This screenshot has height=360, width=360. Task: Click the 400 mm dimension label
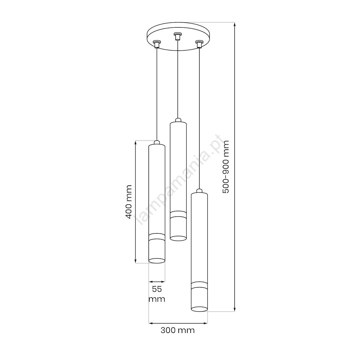click(x=129, y=202)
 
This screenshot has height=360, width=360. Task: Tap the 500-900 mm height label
click(x=226, y=167)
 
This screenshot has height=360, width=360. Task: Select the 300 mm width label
click(x=178, y=330)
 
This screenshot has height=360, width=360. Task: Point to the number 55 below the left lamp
click(x=157, y=289)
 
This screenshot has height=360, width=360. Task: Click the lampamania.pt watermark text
click(x=180, y=180)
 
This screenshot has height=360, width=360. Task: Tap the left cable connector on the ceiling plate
click(x=157, y=44)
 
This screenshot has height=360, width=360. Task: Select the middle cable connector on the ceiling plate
click(x=177, y=36)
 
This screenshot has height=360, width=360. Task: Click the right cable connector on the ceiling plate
click(x=199, y=44)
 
